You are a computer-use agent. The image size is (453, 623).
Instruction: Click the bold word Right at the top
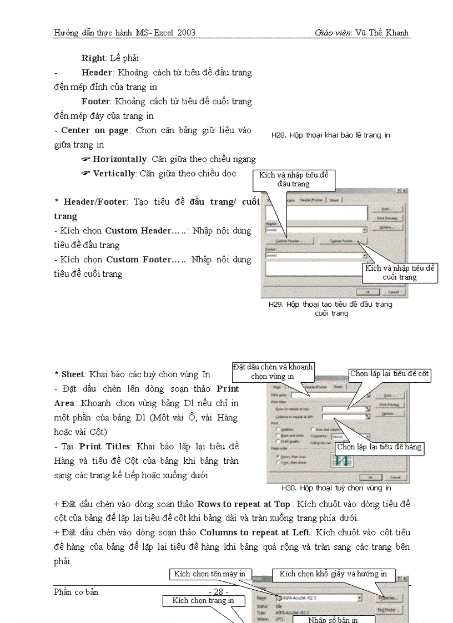click(93, 58)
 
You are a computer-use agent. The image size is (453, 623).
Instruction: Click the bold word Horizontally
click(119, 159)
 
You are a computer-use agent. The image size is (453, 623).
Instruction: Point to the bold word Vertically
click(114, 174)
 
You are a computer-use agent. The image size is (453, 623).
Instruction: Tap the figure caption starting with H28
click(330, 135)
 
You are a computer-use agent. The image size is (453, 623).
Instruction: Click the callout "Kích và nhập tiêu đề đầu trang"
click(294, 180)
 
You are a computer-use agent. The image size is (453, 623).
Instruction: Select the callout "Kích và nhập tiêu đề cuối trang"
click(399, 272)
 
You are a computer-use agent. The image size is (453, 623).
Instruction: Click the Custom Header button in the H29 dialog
click(289, 241)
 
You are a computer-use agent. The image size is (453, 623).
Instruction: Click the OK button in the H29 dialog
click(368, 291)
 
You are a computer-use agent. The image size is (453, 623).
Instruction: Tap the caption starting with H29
click(330, 308)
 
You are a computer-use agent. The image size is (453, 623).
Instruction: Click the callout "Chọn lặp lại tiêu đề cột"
click(389, 374)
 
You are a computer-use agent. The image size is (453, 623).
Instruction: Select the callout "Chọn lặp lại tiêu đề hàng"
click(379, 447)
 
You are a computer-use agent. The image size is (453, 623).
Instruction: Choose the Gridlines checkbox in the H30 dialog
click(273, 429)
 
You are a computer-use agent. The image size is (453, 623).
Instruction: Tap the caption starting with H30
click(336, 488)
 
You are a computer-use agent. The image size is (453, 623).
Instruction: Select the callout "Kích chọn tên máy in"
click(210, 574)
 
